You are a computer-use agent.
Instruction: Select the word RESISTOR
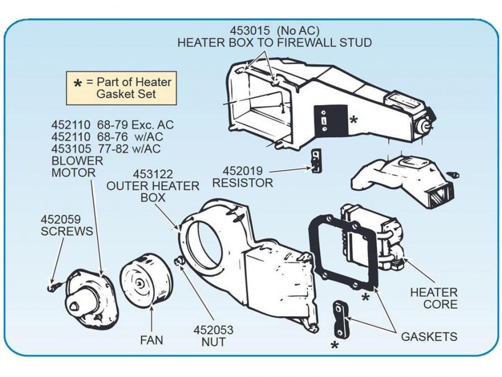[243, 183]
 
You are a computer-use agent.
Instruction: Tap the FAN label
[152, 339]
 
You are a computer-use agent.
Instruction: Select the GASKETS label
[429, 336]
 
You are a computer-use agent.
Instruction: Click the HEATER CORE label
[433, 298]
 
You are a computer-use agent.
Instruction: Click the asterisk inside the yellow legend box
[78, 84]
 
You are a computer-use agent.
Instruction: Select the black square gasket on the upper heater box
[331, 118]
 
